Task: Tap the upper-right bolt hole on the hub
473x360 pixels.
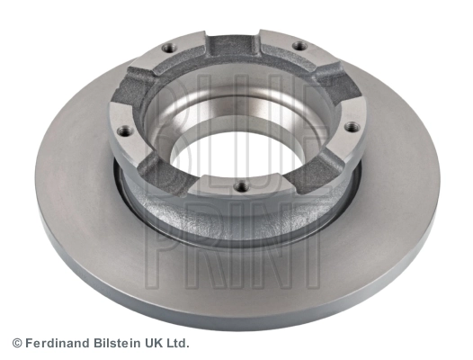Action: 299,46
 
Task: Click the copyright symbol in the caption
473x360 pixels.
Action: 16,343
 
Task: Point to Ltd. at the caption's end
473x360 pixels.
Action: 177,343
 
